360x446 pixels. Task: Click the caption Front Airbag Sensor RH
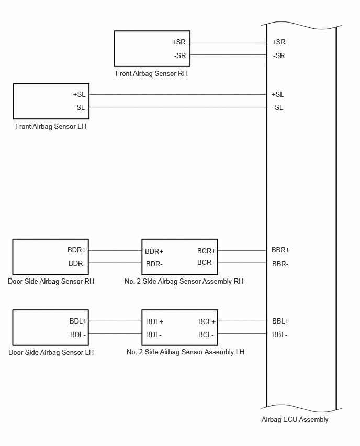click(152, 74)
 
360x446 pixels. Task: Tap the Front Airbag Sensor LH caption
click(51, 126)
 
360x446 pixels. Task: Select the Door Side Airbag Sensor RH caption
click(51, 281)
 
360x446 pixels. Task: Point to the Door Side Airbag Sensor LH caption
click(51, 352)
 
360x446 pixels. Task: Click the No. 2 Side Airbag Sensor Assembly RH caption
click(184, 281)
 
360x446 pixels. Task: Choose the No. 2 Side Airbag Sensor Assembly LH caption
click(185, 352)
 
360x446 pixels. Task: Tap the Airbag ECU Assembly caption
click(295, 419)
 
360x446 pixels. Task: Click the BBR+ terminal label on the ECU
click(280, 250)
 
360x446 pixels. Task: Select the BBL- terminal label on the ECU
click(279, 335)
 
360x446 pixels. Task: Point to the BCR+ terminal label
click(207, 251)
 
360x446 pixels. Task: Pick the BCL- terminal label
click(206, 335)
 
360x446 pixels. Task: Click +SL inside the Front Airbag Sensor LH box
click(79, 94)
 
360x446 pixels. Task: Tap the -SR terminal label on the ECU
click(279, 55)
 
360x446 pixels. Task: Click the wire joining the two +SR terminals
click(228, 42)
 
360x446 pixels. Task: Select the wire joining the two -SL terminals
click(178, 107)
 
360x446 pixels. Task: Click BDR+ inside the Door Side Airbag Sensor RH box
click(76, 250)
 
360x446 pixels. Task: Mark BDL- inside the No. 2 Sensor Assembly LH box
click(153, 335)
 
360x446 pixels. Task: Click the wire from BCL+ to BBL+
click(242, 321)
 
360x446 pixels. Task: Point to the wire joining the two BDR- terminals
click(115, 263)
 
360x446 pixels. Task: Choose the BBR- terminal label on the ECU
click(280, 264)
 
